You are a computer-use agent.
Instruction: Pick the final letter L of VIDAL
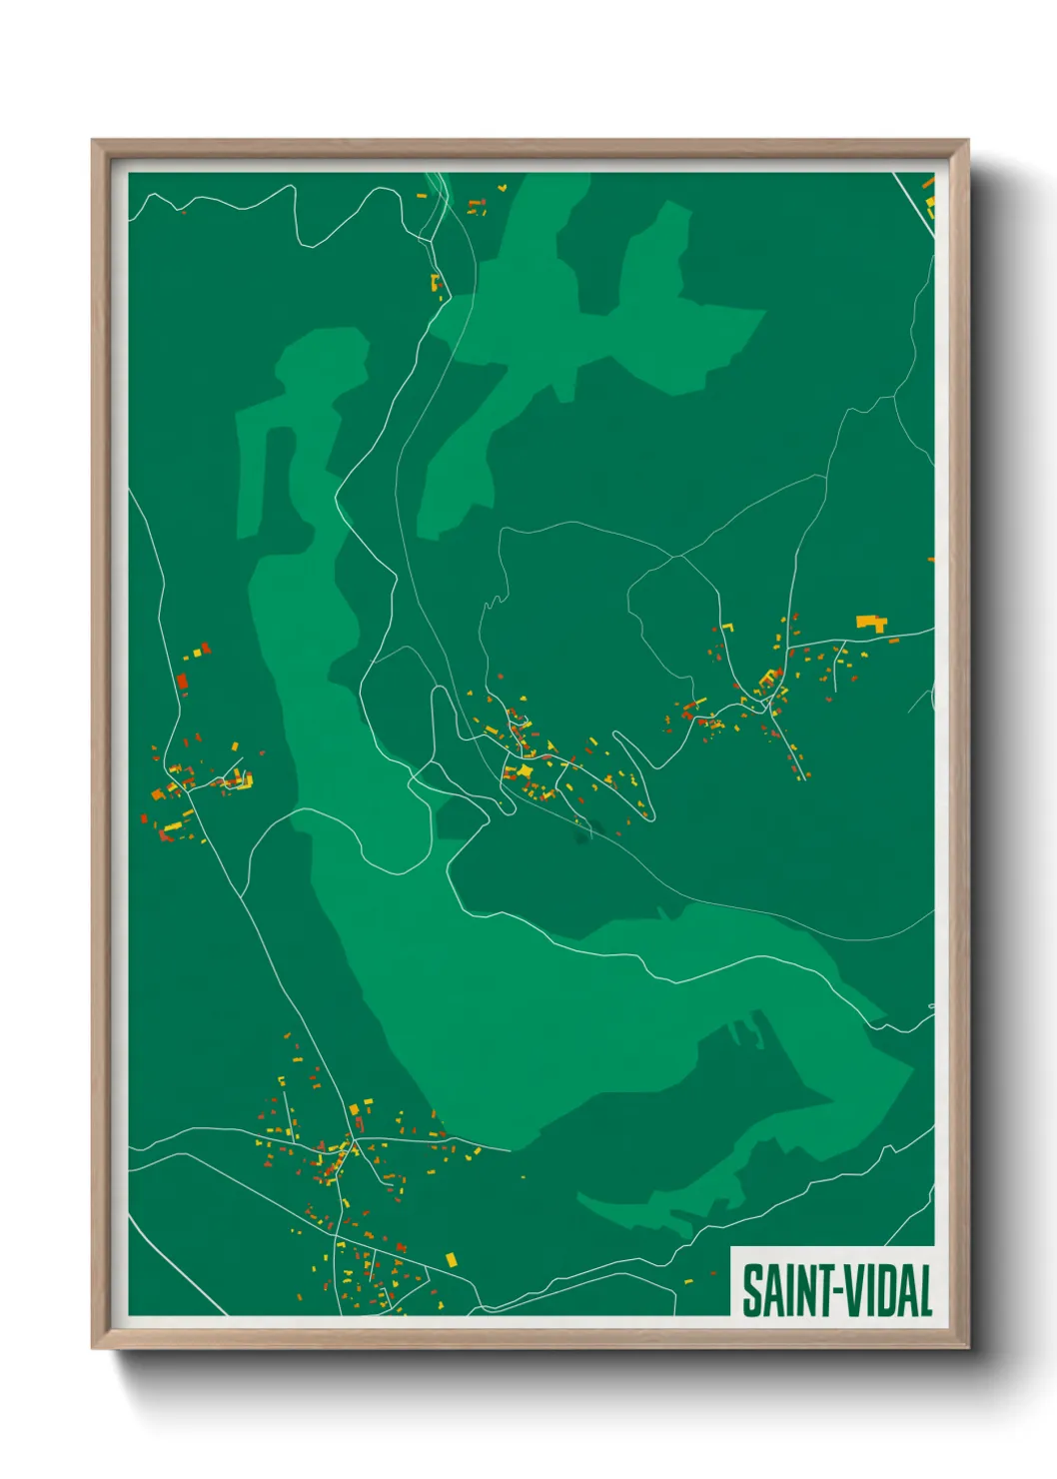(925, 1290)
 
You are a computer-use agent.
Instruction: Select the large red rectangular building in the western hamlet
(182, 683)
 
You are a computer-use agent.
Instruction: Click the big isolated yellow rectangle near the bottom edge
(450, 1258)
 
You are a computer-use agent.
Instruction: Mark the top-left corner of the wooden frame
(93, 142)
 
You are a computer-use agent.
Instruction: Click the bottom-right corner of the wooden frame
(967, 1347)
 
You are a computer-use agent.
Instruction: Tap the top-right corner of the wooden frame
(967, 142)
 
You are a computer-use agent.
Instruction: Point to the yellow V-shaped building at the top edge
(502, 187)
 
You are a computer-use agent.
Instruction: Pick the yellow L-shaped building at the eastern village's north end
(728, 628)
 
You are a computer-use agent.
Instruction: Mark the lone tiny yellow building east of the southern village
(523, 1176)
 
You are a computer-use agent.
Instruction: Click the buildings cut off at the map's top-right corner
(929, 195)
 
